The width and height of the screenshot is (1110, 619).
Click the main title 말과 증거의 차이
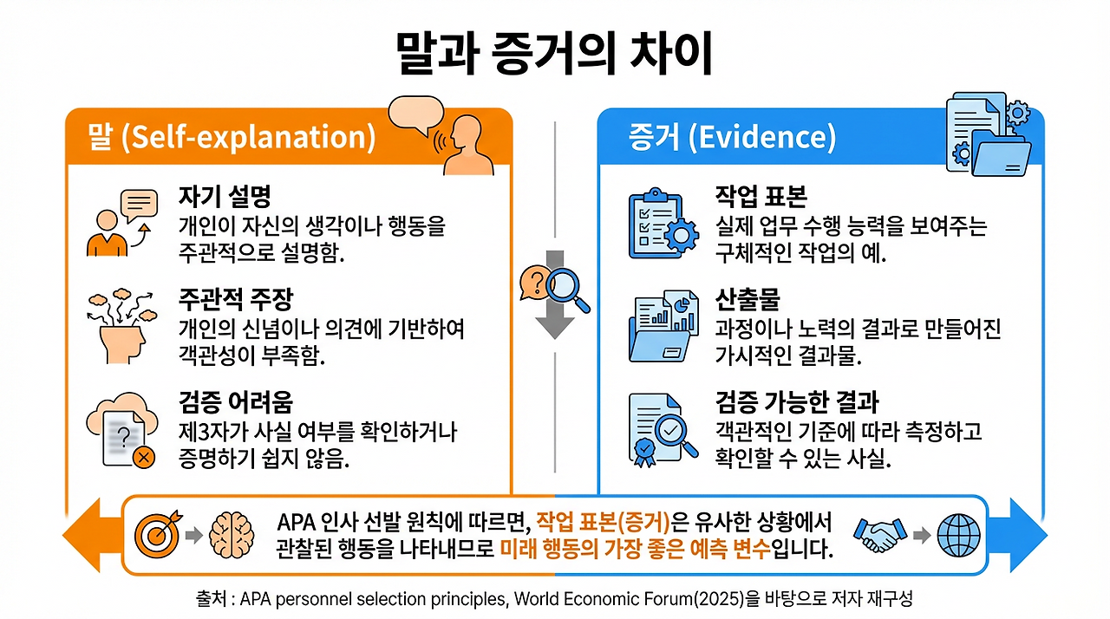[554, 54]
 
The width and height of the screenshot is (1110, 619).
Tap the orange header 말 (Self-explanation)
[232, 137]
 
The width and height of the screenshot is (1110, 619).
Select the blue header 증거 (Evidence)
[732, 137]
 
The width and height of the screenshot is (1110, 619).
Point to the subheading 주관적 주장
[235, 299]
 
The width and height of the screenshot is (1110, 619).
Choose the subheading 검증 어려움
[235, 401]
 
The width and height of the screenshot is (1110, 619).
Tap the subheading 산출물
[748, 299]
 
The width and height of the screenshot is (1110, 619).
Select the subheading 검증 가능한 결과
[797, 401]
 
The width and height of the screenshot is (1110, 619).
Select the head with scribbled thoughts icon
[121, 324]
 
